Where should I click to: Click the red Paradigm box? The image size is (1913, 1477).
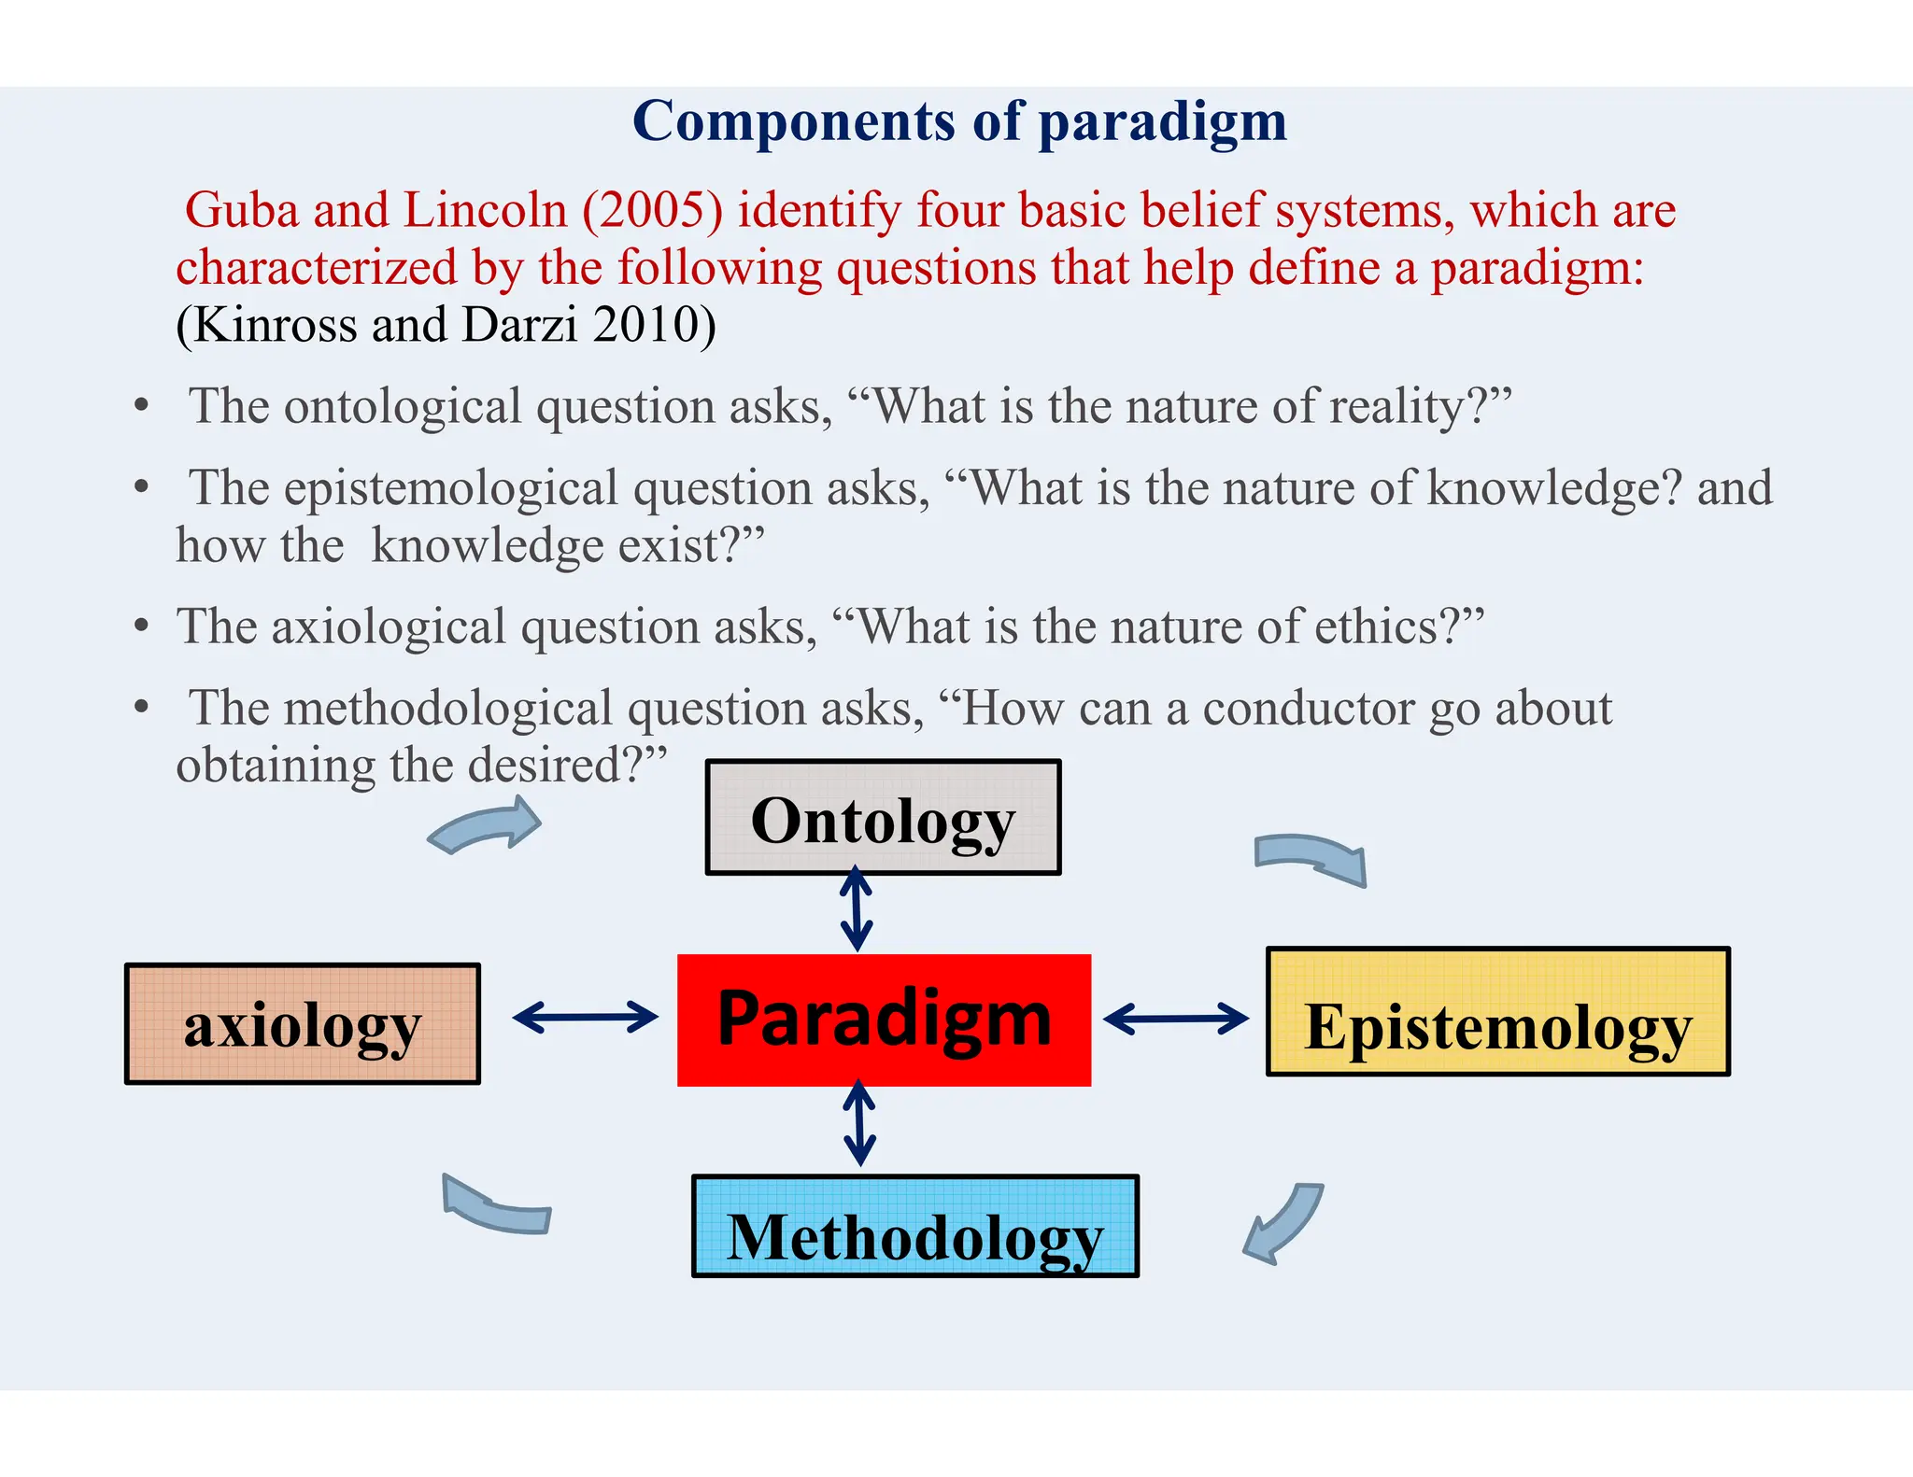point(884,1020)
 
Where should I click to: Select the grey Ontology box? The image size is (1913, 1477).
point(883,818)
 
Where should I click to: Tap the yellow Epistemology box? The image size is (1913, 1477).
point(1497,1012)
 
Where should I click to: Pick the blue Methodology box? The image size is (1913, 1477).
point(914,1226)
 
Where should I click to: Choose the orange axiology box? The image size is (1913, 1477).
point(303,1024)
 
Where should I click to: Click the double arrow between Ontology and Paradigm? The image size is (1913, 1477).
point(857,909)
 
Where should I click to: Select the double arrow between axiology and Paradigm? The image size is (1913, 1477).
point(586,1017)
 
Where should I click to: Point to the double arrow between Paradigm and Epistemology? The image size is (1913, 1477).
point(1175,1019)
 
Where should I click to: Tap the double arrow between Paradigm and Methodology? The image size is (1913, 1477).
point(859,1123)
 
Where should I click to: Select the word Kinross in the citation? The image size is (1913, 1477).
point(275,325)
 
